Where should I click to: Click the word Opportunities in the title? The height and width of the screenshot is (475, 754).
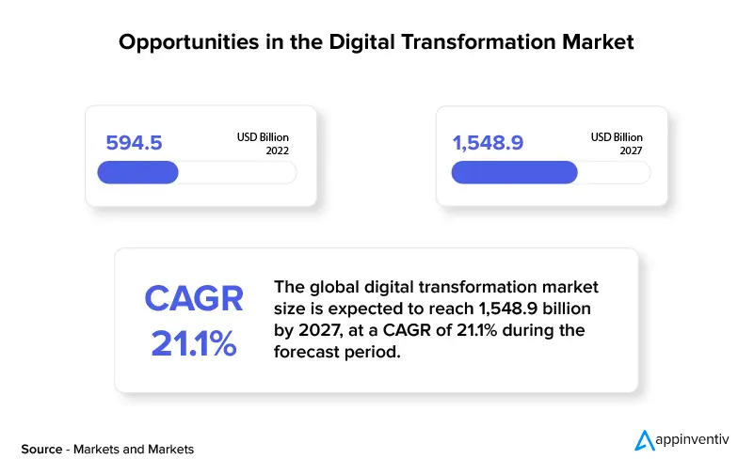189,42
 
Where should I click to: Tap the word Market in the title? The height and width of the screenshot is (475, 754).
598,41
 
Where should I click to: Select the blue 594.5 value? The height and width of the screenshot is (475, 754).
135,143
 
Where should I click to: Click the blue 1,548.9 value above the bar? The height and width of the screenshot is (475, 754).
489,143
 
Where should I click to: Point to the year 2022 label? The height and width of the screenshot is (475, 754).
278,150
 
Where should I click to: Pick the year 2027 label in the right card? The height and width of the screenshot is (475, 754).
631,150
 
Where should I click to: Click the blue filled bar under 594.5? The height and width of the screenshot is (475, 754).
138,172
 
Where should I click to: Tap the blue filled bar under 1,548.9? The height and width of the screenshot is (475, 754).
515,172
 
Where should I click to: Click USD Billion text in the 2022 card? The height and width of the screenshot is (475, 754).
263,137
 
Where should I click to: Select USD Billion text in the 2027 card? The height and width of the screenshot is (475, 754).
617,137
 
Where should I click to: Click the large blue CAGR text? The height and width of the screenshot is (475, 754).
194,298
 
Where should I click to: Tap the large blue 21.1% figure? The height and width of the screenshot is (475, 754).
194,343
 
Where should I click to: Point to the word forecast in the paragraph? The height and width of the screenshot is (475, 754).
308,352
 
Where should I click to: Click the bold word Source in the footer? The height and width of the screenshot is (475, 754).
41,449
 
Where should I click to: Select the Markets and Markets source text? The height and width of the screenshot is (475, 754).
134,449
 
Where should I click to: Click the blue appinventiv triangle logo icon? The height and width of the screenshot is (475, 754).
644,440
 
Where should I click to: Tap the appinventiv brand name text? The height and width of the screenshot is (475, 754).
693,439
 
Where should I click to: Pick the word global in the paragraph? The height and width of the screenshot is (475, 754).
334,287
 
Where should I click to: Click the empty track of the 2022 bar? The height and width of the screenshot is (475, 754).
237,172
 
